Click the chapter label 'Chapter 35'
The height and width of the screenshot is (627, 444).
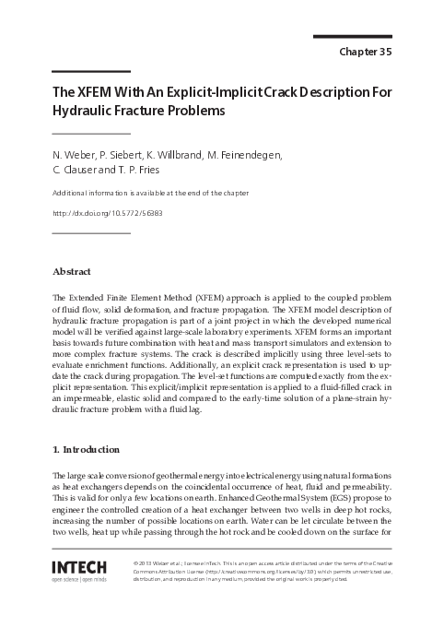[366, 52]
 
